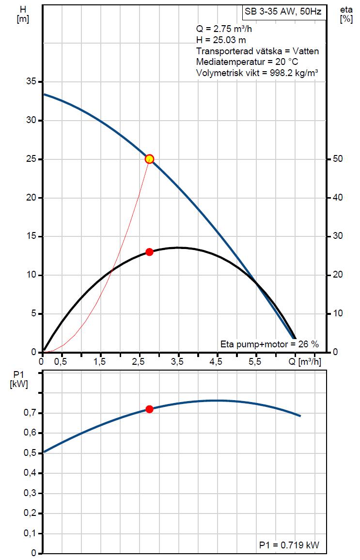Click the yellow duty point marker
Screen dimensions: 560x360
click(x=149, y=159)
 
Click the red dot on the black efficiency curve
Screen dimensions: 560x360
click(x=149, y=252)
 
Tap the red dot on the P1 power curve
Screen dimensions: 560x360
click(x=149, y=409)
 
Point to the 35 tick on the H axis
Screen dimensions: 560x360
click(x=30, y=82)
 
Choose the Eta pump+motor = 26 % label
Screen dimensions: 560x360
click(x=269, y=344)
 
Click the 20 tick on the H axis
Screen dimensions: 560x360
click(x=30, y=198)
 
